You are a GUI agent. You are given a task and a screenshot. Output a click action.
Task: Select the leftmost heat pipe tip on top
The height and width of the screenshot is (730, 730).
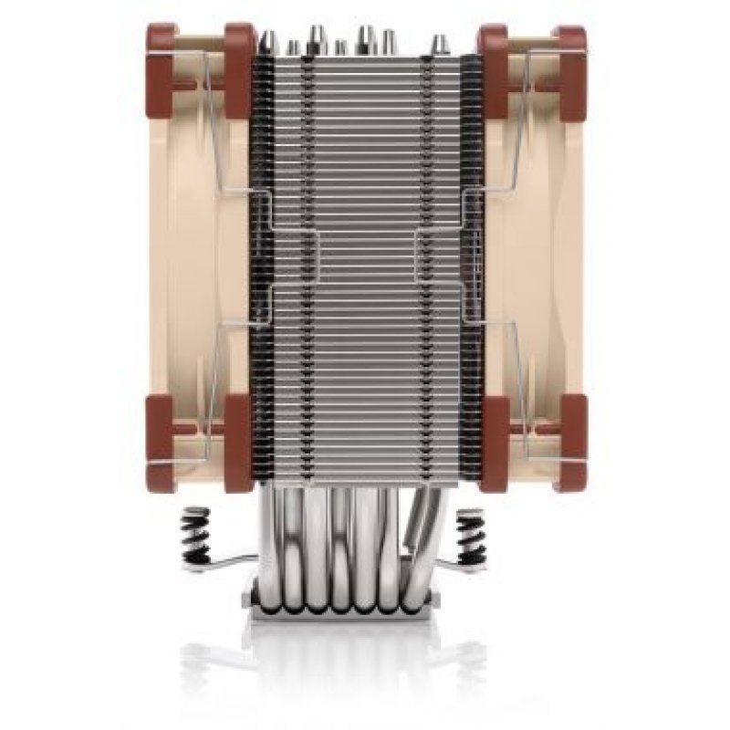269,41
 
